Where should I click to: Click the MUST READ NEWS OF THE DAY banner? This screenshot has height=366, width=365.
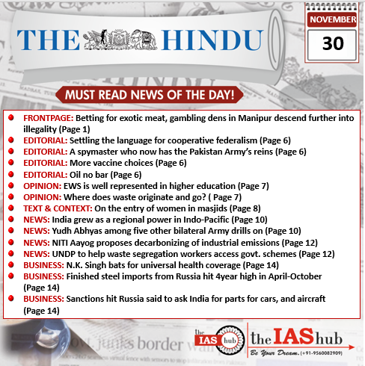(x=150, y=96)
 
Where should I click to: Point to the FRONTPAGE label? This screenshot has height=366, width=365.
(x=47, y=118)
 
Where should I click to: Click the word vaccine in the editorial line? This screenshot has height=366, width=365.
(x=111, y=163)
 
